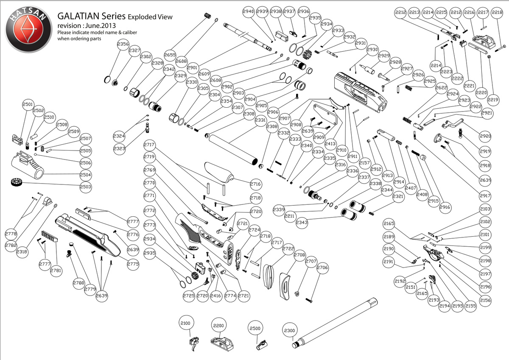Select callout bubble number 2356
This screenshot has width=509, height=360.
click(123, 45)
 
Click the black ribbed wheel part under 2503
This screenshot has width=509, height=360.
click(15, 182)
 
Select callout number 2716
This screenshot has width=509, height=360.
click(255, 184)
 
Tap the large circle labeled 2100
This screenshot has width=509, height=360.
click(185, 323)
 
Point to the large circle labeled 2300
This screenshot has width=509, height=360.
click(289, 330)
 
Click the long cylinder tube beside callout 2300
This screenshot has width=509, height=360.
click(335, 322)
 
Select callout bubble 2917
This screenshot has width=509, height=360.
click(485, 195)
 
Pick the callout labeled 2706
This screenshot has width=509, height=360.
click(322, 268)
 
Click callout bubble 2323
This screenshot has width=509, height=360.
click(120, 149)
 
